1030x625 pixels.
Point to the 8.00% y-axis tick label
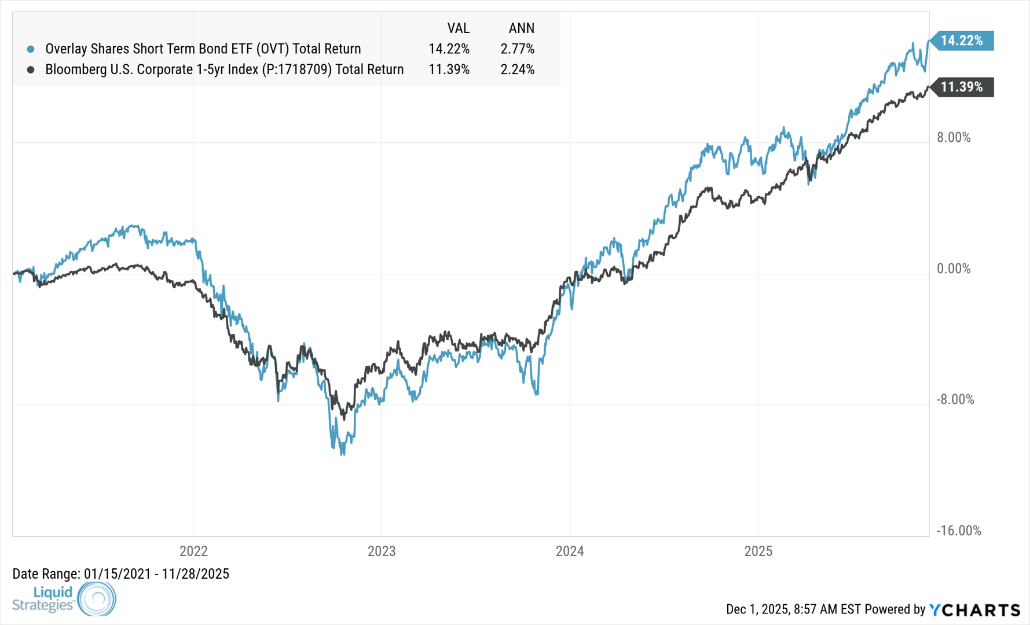[x=954, y=138]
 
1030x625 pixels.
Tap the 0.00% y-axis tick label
[x=954, y=269]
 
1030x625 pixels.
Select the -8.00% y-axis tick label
[x=955, y=399]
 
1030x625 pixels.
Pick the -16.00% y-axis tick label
[x=958, y=531]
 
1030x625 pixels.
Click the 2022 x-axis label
[x=193, y=551]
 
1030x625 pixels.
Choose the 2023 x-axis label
[x=382, y=551]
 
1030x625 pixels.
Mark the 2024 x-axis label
[x=570, y=551]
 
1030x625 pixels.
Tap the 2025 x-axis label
[x=758, y=551]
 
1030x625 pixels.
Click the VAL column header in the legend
[x=458, y=28]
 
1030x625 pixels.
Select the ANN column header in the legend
[x=521, y=28]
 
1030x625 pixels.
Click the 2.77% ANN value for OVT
[x=517, y=49]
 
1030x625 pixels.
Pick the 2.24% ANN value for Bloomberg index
[x=517, y=69]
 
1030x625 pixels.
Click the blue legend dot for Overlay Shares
[x=31, y=49]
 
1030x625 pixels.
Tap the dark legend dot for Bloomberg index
[x=31, y=69]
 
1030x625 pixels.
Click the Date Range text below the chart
[x=120, y=574]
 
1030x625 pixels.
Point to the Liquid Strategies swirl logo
[x=97, y=598]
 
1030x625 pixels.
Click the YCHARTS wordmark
[x=975, y=609]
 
